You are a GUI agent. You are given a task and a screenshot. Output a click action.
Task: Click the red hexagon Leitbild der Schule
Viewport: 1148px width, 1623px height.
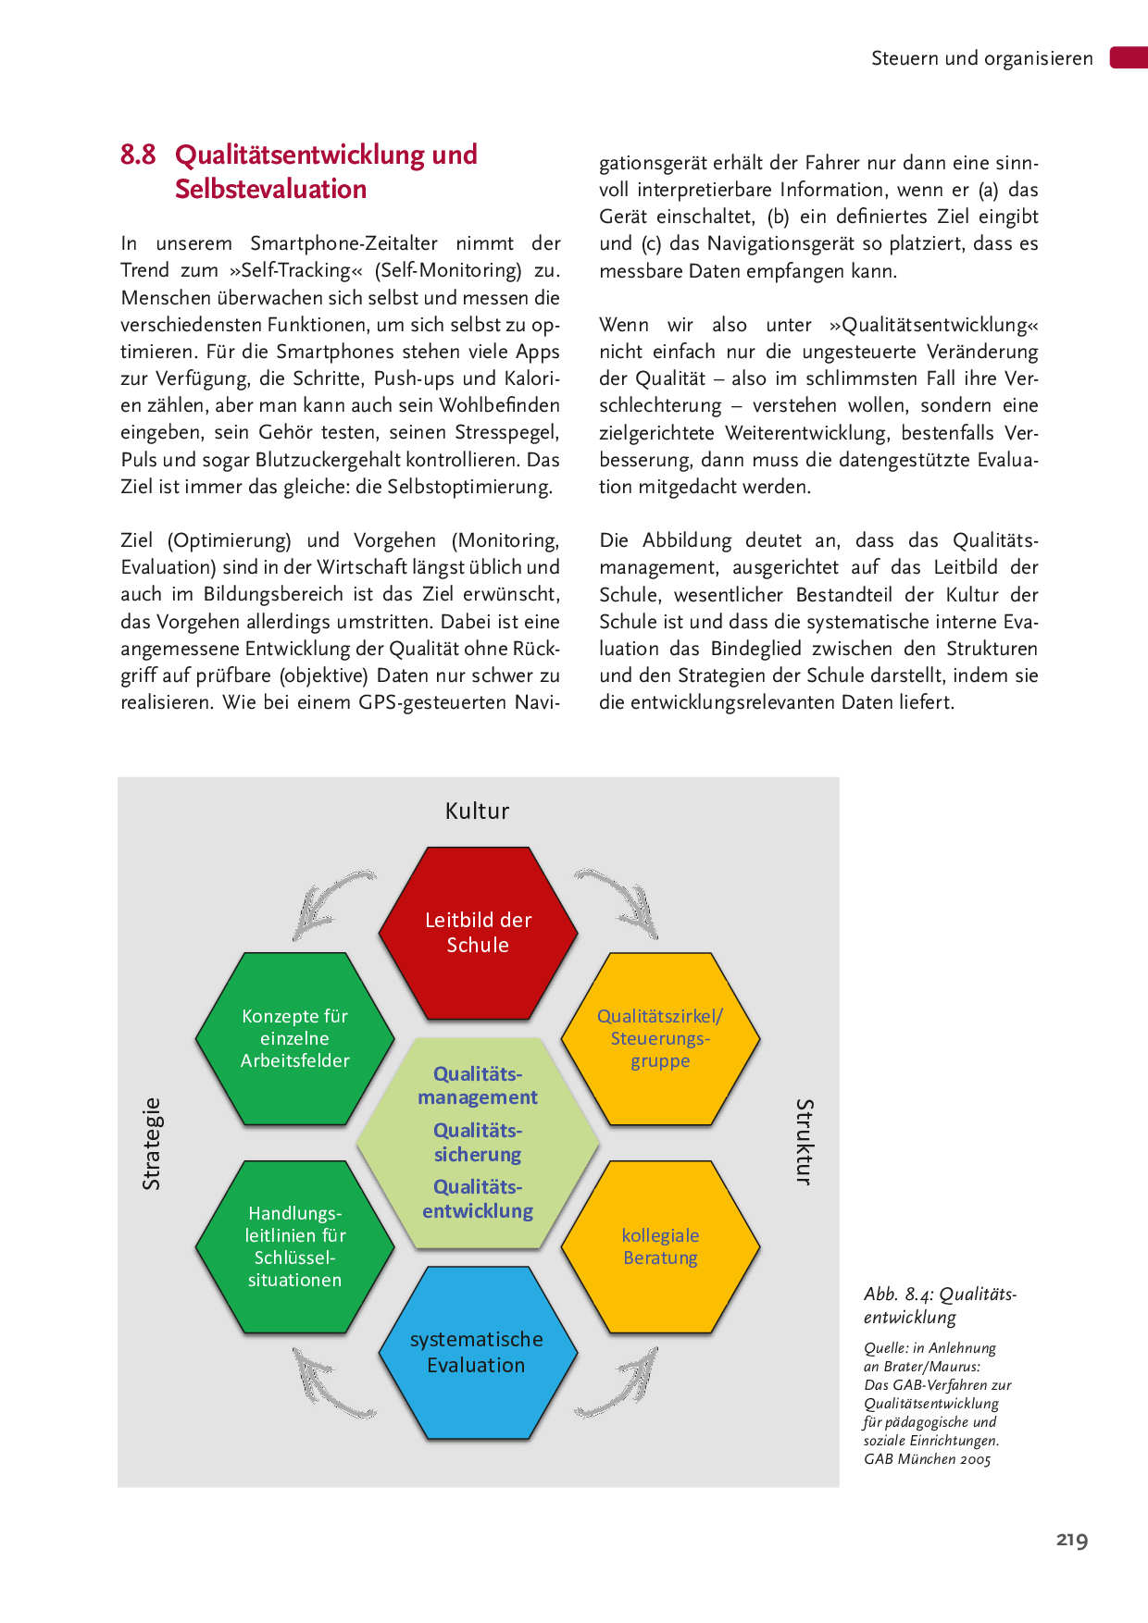[x=478, y=933]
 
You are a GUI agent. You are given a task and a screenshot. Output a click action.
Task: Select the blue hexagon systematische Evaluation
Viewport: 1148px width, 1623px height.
[x=478, y=1352]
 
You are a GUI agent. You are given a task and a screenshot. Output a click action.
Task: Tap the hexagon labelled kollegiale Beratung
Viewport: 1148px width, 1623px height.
[x=660, y=1246]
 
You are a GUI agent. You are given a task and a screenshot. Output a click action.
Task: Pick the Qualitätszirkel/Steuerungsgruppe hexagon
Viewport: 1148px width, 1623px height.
[x=660, y=1038]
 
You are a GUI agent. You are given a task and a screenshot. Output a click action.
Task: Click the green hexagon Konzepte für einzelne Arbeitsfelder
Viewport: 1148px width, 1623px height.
[x=295, y=1038]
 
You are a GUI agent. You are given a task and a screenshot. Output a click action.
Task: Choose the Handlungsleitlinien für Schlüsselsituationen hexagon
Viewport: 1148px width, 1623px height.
[x=295, y=1246]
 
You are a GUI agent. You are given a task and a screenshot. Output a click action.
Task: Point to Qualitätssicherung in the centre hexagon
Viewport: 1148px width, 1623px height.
[x=478, y=1143]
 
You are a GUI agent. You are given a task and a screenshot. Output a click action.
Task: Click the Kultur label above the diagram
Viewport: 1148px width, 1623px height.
[x=477, y=811]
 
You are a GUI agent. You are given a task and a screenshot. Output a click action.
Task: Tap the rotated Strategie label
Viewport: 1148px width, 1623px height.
[x=151, y=1144]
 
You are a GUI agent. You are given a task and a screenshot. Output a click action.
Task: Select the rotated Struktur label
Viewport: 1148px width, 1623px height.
[x=805, y=1142]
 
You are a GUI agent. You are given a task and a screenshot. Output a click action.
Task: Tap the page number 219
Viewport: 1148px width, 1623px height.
[x=1072, y=1540]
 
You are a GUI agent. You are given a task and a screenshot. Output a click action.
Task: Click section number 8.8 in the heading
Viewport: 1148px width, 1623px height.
[x=138, y=155]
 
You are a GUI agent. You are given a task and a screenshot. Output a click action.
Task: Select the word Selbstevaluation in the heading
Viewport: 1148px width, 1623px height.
[x=270, y=189]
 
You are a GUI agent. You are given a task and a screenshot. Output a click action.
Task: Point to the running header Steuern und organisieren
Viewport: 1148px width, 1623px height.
[x=981, y=58]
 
